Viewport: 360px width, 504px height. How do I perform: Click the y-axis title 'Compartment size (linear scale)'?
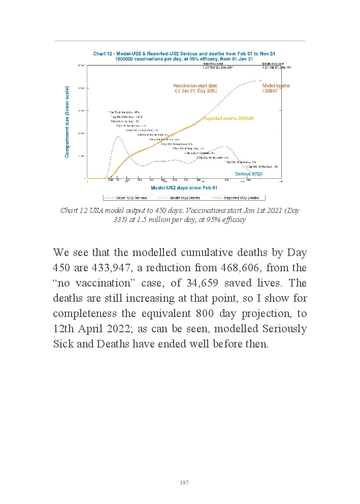tap(67, 121)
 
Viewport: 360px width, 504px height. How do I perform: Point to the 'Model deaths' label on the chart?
tap(276, 86)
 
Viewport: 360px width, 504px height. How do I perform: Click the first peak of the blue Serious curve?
tap(118, 137)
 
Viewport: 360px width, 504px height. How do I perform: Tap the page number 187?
tap(184, 483)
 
